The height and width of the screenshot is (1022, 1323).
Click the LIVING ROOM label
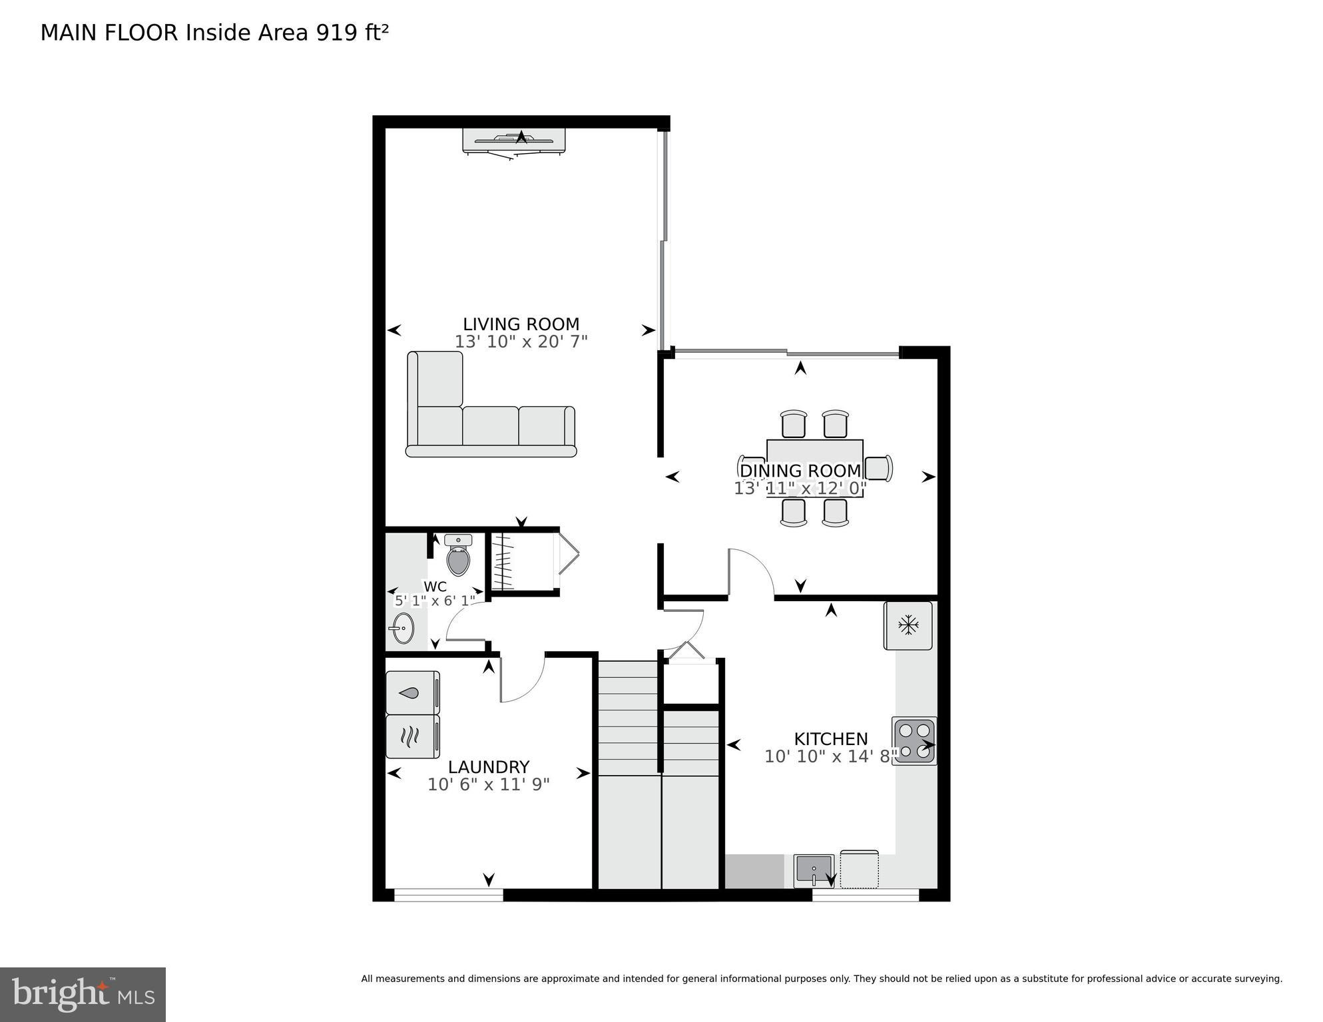(521, 324)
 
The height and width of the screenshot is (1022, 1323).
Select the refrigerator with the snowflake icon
(908, 625)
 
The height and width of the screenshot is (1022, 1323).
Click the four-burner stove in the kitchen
(914, 740)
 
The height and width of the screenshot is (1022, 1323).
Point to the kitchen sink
(814, 871)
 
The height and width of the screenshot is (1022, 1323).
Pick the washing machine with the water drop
(413, 692)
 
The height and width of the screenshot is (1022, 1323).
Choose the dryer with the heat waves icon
(413, 736)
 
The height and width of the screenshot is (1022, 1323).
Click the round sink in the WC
(401, 628)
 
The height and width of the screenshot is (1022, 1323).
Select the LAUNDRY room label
(488, 767)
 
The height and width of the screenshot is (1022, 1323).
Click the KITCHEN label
(830, 739)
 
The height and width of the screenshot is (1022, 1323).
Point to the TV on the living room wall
(514, 140)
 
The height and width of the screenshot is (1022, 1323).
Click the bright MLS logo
(83, 994)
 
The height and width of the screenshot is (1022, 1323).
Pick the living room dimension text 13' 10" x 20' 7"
(521, 342)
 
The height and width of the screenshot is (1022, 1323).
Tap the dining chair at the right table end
(879, 468)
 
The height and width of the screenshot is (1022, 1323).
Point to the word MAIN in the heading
(69, 33)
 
